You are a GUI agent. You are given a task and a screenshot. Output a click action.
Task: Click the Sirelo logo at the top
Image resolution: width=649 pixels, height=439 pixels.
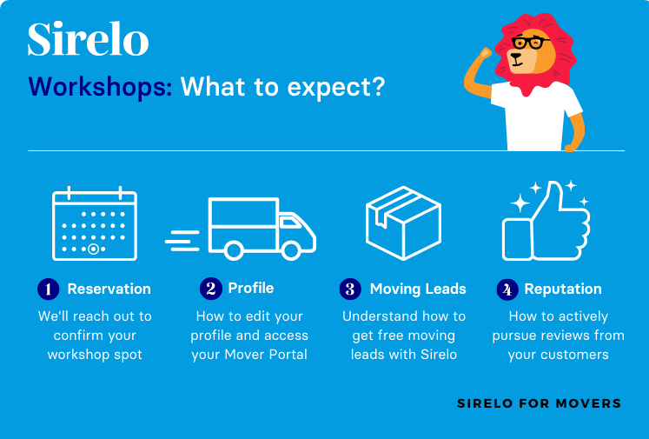[88, 40]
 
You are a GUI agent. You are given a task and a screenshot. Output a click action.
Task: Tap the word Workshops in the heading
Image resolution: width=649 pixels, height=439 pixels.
[100, 88]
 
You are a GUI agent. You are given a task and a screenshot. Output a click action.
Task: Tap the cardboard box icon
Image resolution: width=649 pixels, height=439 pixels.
[403, 223]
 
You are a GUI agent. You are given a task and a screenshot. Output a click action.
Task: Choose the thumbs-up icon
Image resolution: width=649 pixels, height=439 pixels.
[546, 221]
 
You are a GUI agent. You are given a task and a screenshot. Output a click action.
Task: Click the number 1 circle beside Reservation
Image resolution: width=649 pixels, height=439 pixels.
[48, 289]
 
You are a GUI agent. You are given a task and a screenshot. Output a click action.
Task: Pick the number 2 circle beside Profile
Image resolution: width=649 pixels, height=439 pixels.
[210, 289]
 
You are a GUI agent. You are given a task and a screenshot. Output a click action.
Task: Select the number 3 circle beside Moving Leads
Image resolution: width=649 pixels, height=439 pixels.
[350, 289]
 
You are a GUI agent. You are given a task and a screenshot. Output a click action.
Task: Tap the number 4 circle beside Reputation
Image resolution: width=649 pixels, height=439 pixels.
[507, 289]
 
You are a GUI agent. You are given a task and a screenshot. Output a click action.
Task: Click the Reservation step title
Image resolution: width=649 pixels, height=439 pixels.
[109, 289]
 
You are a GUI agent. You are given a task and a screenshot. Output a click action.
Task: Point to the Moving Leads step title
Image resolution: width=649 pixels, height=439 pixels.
[418, 289]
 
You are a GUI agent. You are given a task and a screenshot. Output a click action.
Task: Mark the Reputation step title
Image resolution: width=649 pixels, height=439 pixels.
[563, 289]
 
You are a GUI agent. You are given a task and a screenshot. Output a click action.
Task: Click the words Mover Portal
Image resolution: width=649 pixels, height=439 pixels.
[270, 354]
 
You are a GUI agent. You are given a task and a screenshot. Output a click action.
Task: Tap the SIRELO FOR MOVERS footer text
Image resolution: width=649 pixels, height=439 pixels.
[539, 403]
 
